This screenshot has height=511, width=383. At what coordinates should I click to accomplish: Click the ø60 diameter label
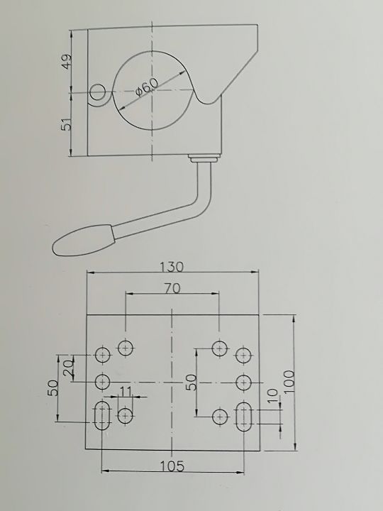coord(147,87)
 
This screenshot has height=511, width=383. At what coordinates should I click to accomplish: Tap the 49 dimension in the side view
coord(67,61)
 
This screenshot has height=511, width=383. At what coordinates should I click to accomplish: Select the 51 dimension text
coord(67,124)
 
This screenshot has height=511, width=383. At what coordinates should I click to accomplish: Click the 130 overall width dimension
coord(172,267)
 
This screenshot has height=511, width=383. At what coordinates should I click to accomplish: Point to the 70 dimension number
coord(172,288)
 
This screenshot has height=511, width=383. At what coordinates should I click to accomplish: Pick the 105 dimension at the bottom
coord(172,466)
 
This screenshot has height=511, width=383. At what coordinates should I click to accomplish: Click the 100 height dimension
coord(289,382)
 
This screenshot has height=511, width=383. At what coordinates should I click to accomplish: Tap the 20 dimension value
coord(69,368)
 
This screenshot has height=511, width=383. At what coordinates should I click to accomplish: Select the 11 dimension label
coord(126,391)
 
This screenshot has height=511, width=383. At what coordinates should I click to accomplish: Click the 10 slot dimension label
coord(273,395)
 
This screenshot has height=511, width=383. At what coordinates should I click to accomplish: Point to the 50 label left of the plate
coord(53,388)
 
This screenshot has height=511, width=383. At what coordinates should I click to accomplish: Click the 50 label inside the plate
coord(191,383)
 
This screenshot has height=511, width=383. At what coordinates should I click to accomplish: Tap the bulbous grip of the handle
coord(84,240)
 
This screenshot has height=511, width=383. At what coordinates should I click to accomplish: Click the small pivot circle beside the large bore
coord(98,93)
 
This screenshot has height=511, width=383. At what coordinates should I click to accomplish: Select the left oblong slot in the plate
coord(102,415)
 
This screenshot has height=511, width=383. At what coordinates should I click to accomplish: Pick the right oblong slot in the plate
coord(243,417)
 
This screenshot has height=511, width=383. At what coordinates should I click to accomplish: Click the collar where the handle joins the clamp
coord(204,158)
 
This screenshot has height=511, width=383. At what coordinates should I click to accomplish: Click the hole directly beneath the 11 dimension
coord(125,416)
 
